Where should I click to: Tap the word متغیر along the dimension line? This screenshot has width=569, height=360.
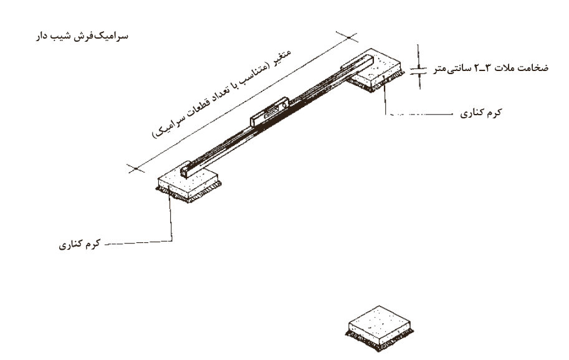[x=282, y=57]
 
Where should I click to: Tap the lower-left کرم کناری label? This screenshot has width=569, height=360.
[x=80, y=245]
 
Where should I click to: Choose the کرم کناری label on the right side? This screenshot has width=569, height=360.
[x=481, y=113]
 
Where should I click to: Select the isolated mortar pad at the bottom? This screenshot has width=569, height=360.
[x=380, y=328]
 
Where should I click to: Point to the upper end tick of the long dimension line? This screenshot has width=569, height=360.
[x=349, y=37]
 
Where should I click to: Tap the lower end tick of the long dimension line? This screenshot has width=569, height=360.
[x=136, y=169]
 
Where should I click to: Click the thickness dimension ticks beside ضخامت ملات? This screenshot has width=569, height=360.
[x=419, y=69]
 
